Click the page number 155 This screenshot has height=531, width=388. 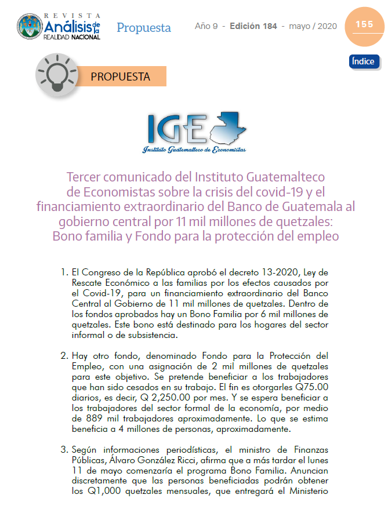point(364,24)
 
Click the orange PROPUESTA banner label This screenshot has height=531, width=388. point(120,77)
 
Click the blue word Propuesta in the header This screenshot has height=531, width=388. point(144,27)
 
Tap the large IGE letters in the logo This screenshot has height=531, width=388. point(176,129)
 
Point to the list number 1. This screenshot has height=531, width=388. point(64,272)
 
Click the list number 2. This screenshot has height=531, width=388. point(64,355)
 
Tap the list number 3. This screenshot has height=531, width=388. point(64,449)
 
